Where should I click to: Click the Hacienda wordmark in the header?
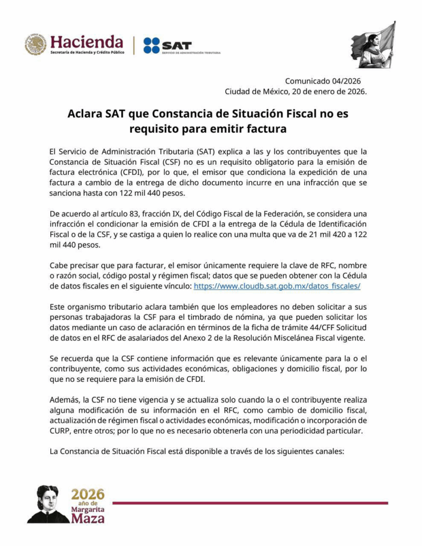(x=86, y=41)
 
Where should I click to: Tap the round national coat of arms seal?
(x=35, y=45)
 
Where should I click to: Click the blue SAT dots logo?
(x=151, y=45)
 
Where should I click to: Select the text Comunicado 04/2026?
(x=323, y=81)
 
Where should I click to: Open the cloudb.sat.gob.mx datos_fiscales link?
(x=277, y=286)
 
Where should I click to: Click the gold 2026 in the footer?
(x=88, y=494)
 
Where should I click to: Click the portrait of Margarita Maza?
(x=47, y=504)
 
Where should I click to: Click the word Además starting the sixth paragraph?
(x=64, y=399)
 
